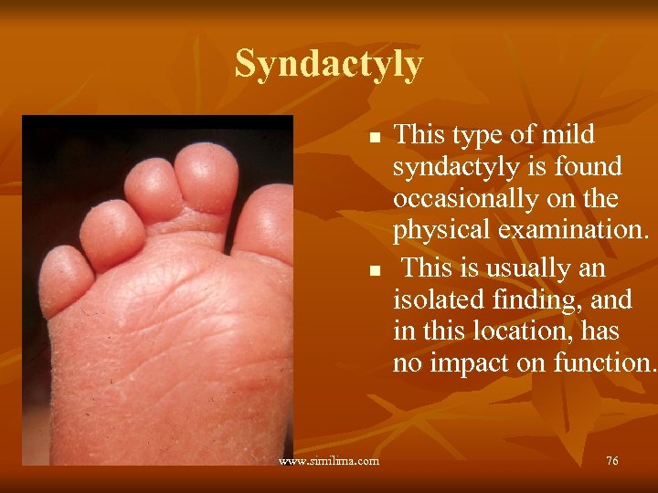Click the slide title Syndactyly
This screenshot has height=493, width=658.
329,64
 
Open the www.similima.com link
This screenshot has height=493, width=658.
329,461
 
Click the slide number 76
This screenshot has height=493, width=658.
611,461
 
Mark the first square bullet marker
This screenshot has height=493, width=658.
373,139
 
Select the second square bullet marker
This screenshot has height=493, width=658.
373,272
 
